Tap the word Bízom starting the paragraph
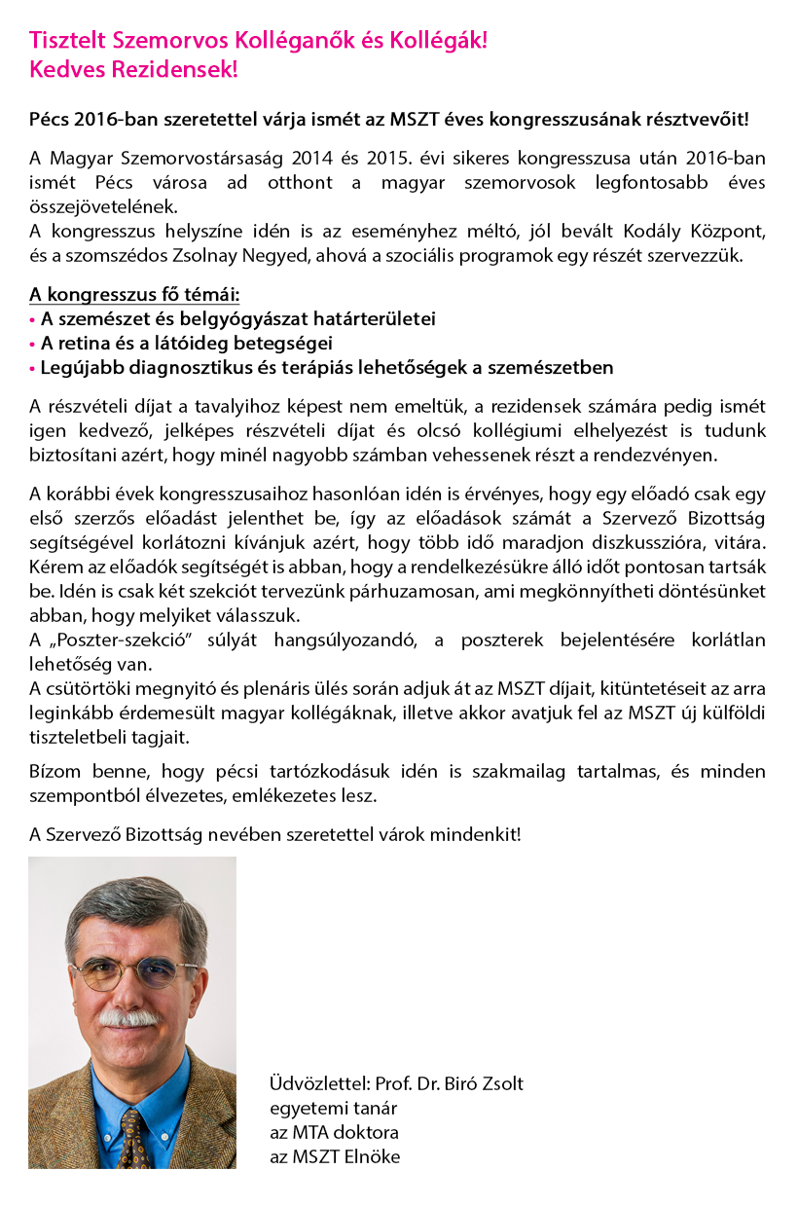coord(52,772)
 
